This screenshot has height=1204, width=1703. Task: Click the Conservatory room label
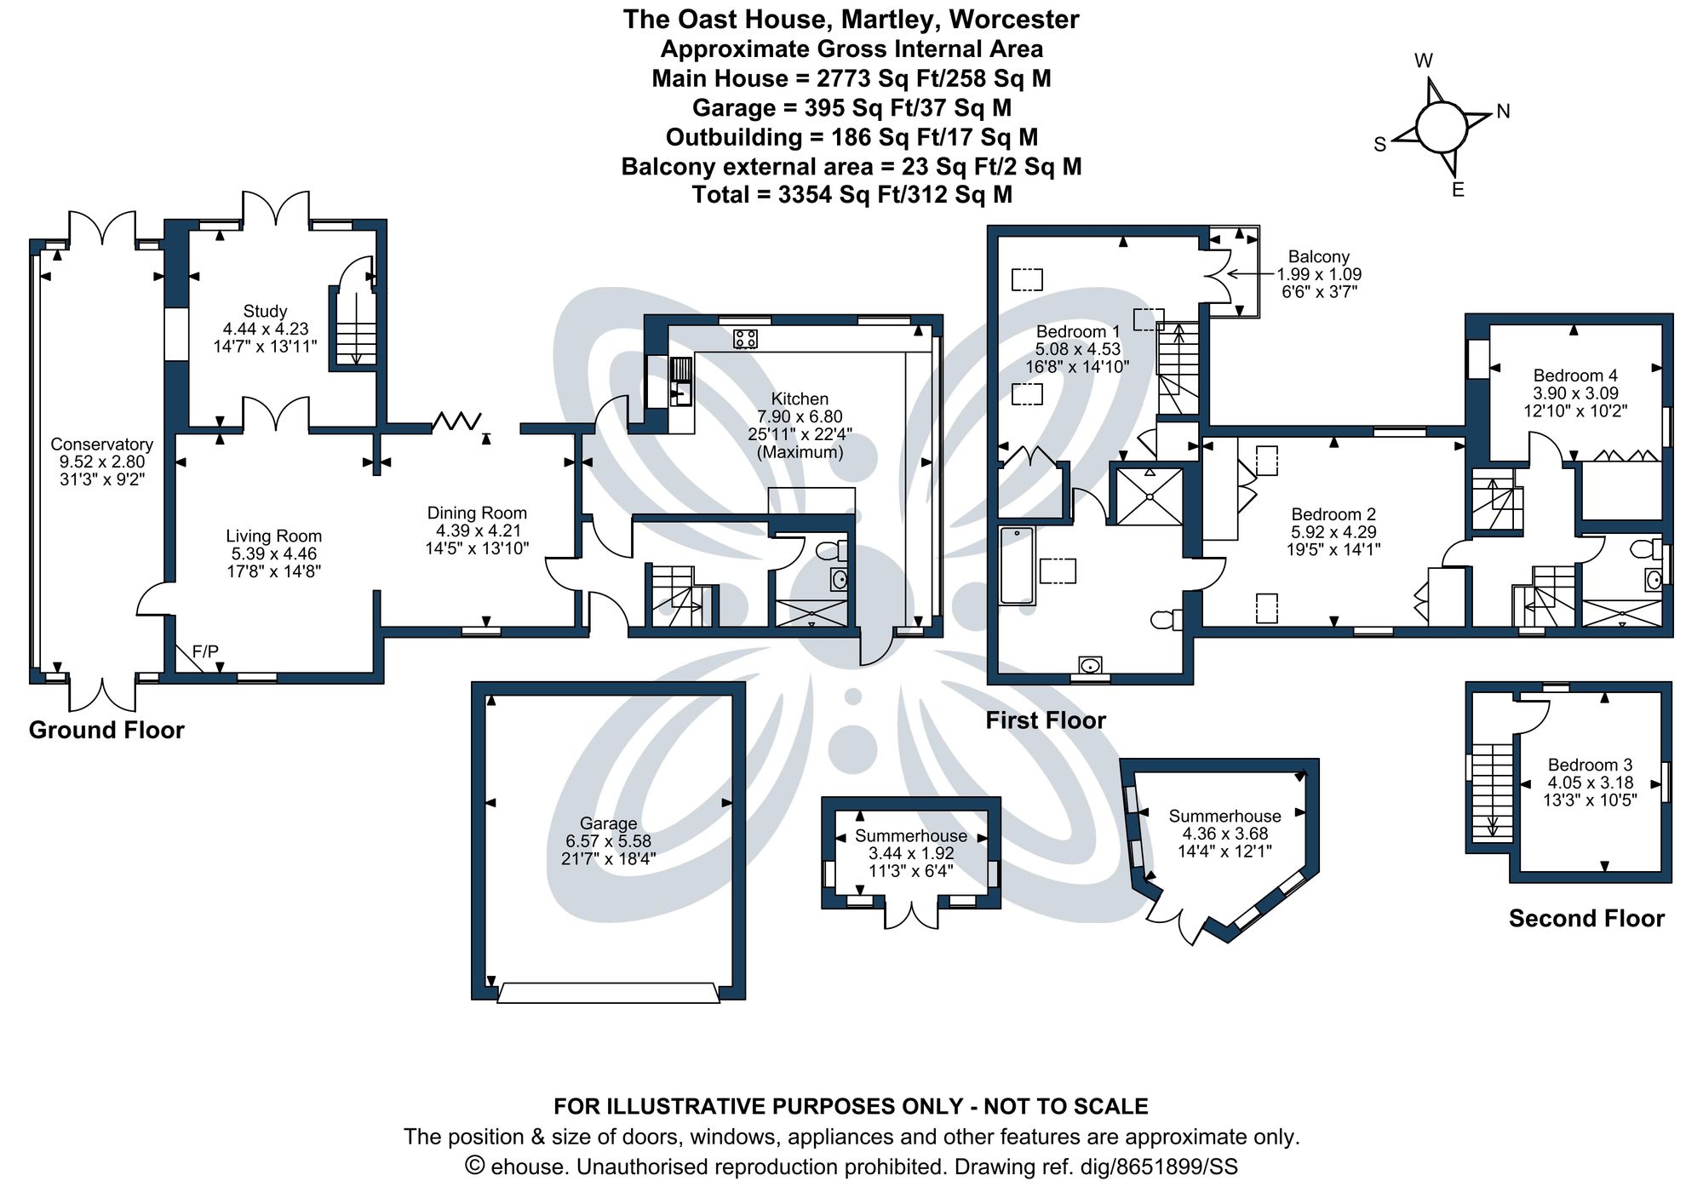tap(101, 444)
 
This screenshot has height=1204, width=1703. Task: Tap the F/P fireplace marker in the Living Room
tap(205, 651)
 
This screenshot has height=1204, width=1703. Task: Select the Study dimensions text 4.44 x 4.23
tap(266, 329)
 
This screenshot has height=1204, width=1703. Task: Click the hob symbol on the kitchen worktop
tap(745, 338)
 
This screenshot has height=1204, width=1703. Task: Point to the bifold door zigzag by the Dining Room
tap(457, 421)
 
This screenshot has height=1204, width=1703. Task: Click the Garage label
tap(608, 823)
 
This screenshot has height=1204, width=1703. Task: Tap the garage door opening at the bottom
tap(608, 993)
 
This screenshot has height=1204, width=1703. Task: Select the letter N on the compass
tap(1503, 112)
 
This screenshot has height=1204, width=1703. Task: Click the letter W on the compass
tap(1424, 60)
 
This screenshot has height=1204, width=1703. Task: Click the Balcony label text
tap(1318, 256)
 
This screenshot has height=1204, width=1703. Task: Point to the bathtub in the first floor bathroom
tap(1017, 566)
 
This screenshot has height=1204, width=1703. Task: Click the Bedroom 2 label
tap(1333, 514)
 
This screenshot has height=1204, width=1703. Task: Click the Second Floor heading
tap(1586, 918)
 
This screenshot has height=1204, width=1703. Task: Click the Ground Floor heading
tap(106, 730)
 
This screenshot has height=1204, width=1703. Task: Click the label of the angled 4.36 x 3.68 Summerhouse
tap(1224, 816)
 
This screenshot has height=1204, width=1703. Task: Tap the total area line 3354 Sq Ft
tap(851, 194)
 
